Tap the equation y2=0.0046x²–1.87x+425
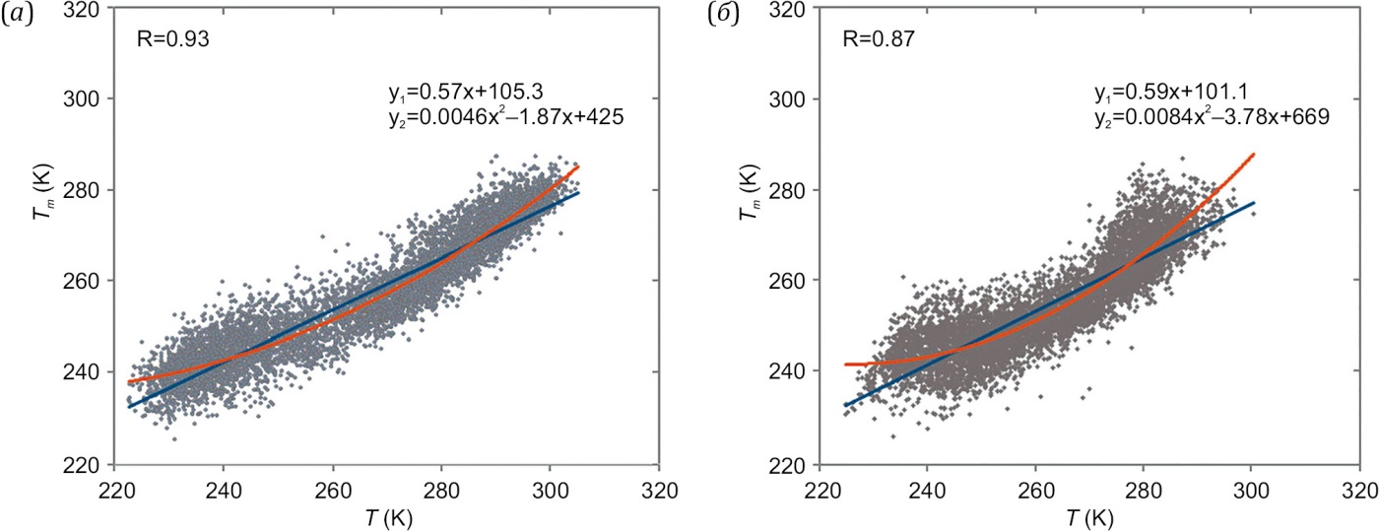[506, 118]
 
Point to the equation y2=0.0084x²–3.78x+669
[1212, 117]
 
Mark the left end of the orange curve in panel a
[129, 382]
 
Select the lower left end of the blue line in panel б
[844, 405]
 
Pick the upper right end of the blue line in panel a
[578, 192]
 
